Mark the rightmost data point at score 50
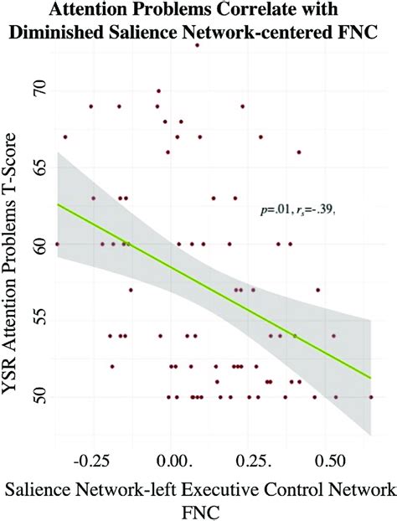point(371,397)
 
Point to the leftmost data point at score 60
point(57,244)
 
